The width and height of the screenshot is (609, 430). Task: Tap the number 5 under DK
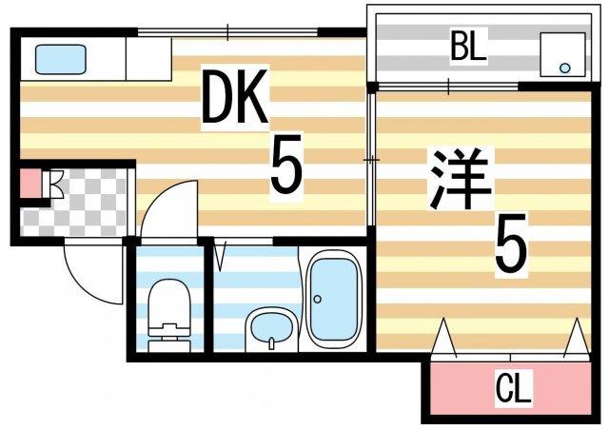point(285,164)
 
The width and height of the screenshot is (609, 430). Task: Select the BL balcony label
point(467,47)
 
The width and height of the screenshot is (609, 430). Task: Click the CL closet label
point(514,388)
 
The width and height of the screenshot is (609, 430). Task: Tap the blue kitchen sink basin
point(61,59)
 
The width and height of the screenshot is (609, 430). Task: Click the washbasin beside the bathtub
point(269,329)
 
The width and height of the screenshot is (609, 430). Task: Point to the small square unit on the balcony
point(561,54)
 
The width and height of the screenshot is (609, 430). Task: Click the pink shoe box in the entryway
point(30,183)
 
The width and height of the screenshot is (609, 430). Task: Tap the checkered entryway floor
point(81,205)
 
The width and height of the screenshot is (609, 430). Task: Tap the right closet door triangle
point(575,339)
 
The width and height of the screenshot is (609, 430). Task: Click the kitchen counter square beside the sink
point(147,59)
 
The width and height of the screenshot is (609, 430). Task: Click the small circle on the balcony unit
point(565,68)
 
